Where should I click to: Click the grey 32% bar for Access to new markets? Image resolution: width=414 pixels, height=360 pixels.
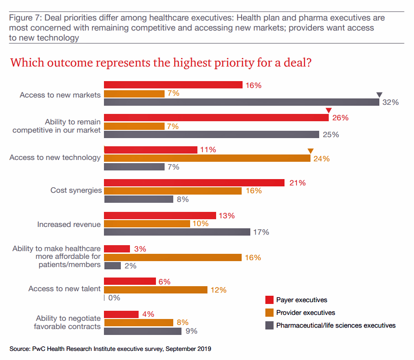coord(242,102)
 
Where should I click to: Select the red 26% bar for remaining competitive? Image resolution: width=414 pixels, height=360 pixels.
coord(216,118)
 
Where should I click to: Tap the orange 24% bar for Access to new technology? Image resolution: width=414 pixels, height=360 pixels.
coord(207,158)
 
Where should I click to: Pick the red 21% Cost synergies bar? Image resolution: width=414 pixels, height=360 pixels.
coord(194,183)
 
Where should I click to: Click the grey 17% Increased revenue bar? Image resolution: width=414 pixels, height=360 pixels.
coord(177,232)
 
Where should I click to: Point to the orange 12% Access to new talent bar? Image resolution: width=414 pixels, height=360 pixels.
coord(155,289)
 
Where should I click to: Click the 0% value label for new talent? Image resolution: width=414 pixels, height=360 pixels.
coord(114,298)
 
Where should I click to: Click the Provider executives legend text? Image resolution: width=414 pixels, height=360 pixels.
coord(305,313)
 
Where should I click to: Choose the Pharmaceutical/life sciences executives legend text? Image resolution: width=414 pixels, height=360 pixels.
coord(336,325)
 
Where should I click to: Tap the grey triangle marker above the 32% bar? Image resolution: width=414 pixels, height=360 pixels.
coord(379,95)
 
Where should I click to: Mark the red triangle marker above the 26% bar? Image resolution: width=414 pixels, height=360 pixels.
coord(328,110)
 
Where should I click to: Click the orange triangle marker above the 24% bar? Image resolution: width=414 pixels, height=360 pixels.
coord(310,151)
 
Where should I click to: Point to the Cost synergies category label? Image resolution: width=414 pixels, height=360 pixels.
coord(76,190)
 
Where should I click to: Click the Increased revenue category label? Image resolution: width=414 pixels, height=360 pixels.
coord(69,224)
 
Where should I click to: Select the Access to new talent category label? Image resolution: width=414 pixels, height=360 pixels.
coord(64,289)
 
